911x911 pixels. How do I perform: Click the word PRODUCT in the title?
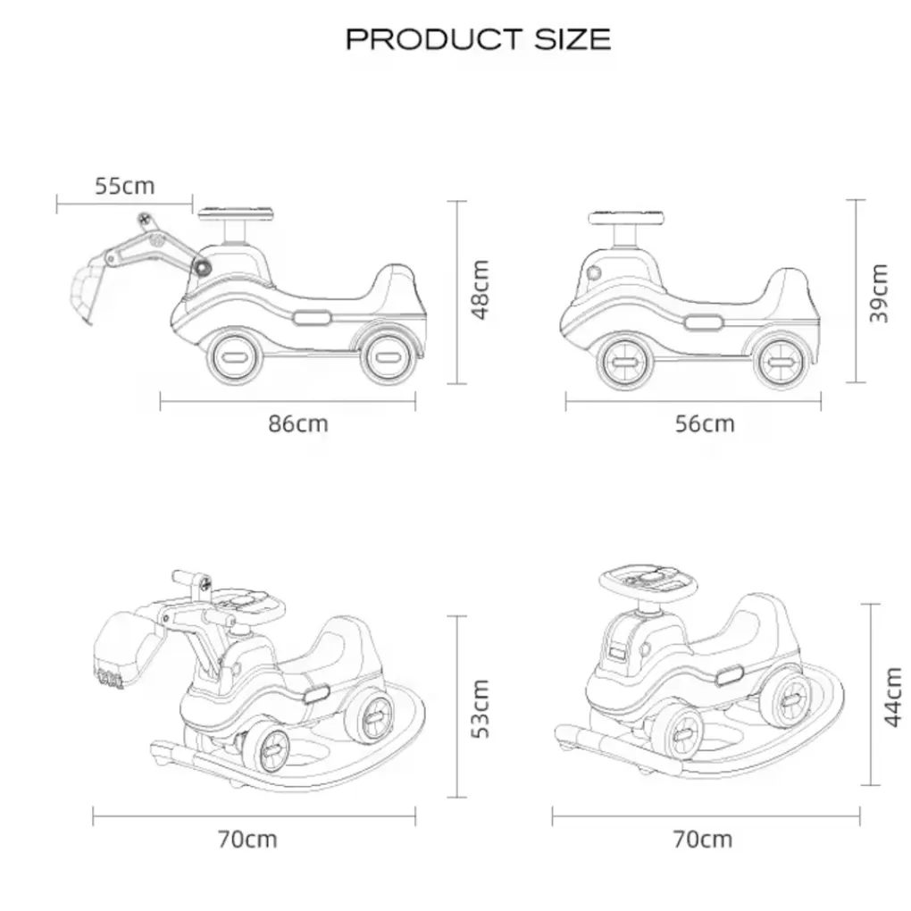click(434, 39)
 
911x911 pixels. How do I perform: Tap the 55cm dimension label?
click(125, 186)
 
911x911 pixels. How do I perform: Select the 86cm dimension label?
click(298, 423)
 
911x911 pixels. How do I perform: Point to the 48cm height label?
click(481, 289)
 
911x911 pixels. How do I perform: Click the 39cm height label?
click(879, 293)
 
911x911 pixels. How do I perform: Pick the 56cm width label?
click(705, 423)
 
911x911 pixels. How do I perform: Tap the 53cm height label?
click(481, 708)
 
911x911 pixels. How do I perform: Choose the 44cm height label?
click(892, 698)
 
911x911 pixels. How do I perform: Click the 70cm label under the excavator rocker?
click(248, 839)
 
